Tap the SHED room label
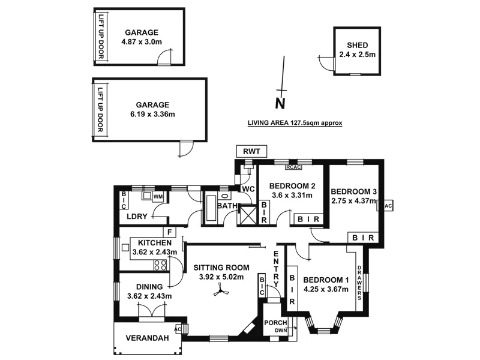pyautogui.click(x=357, y=46)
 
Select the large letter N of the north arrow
pyautogui.click(x=279, y=104)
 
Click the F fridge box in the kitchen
pyautogui.click(x=170, y=232)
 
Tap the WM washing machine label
pyautogui.click(x=158, y=196)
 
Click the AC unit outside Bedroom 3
pyautogui.click(x=387, y=206)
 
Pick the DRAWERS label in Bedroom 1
pyautogui.click(x=359, y=282)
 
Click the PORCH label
pyautogui.click(x=275, y=323)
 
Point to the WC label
pyautogui.click(x=248, y=190)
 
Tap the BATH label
pyautogui.click(x=227, y=206)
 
